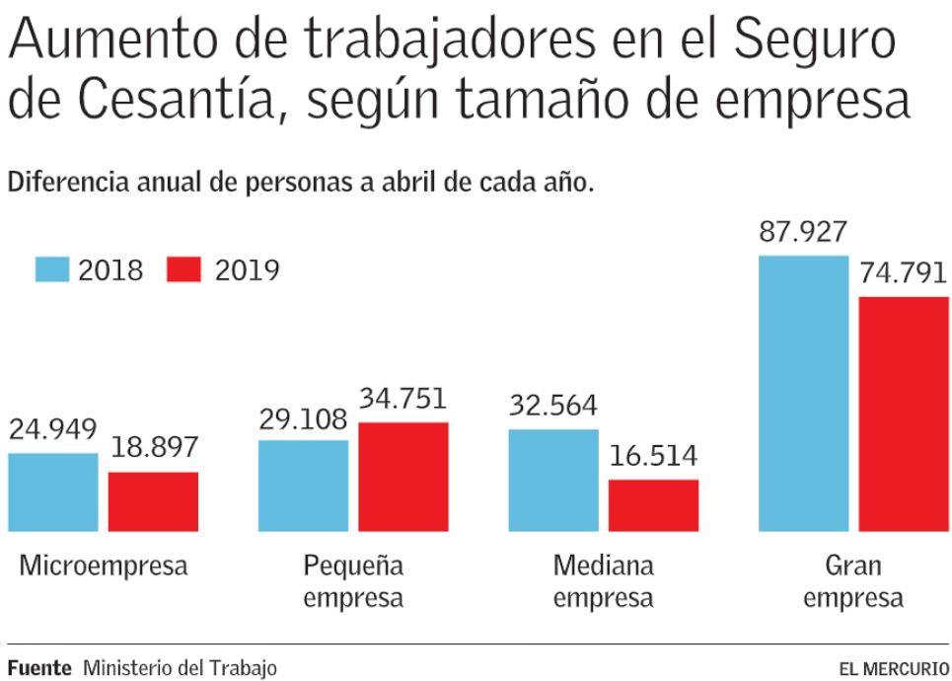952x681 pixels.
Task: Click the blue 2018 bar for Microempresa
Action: tap(53, 492)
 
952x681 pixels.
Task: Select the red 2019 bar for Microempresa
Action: tap(153, 501)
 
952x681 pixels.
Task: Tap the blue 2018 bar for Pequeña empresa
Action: tap(303, 486)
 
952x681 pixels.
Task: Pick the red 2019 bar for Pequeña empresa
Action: tap(403, 477)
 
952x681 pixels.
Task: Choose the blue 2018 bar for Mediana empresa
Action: tap(553, 481)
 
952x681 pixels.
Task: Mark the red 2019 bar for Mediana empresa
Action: tap(653, 505)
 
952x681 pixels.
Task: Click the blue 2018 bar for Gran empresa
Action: tap(803, 393)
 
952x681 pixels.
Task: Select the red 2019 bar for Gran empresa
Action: tap(903, 414)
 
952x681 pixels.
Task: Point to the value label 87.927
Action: tap(803, 233)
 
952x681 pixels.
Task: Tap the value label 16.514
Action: tap(653, 457)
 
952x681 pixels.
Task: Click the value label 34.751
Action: tap(403, 400)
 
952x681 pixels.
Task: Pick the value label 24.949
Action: tap(53, 430)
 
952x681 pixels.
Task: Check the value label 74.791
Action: tap(903, 273)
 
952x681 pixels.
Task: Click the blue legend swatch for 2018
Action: tap(51, 269)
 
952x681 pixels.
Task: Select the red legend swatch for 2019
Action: tap(184, 269)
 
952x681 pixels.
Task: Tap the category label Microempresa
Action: tap(104, 567)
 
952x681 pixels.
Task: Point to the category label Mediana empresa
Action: tap(603, 581)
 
